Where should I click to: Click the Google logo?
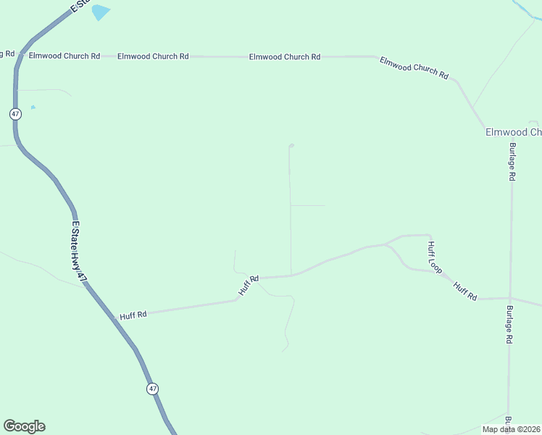pos(24,426)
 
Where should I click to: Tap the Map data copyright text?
pos(511,429)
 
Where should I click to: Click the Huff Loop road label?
pos(434,257)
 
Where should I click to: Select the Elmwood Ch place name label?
pos(513,132)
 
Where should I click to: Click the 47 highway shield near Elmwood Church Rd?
pos(16,114)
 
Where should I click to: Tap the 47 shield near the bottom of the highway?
pos(152,389)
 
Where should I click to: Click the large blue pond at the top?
pos(100,12)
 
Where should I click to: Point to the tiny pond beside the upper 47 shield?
pos(33,107)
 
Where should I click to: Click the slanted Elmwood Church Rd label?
pos(414,67)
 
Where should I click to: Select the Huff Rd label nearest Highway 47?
pos(133,315)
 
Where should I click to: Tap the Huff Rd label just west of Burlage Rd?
pos(465,291)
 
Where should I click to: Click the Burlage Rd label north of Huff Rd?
pos(512,161)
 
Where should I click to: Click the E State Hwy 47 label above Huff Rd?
pos(79,246)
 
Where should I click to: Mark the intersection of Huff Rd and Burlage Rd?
pos(510,298)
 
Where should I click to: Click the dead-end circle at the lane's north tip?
pos(291,146)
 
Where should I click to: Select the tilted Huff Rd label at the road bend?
pos(249,284)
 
